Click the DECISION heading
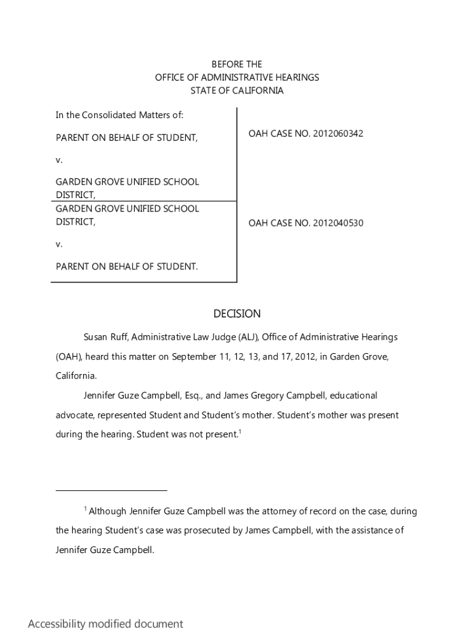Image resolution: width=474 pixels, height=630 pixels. pos(237,314)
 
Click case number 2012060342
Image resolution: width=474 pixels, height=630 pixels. pos(337,134)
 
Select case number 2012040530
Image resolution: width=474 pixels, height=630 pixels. pos(337,223)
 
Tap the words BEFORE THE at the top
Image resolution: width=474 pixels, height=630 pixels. pos(237,64)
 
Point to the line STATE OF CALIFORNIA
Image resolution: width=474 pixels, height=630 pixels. pos(237,90)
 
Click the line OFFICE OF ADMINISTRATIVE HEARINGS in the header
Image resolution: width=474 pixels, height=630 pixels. pos(237,78)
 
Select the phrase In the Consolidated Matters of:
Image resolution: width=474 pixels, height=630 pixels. pos(119,115)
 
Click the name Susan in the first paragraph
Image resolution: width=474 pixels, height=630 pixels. pos(96,337)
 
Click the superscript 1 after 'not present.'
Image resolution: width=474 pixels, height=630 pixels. pos(239,431)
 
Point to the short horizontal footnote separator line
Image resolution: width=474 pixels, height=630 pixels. pos(111,490)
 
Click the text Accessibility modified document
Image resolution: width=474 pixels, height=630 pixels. pos(105,624)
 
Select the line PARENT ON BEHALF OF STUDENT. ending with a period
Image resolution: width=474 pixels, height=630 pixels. pos(127,266)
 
